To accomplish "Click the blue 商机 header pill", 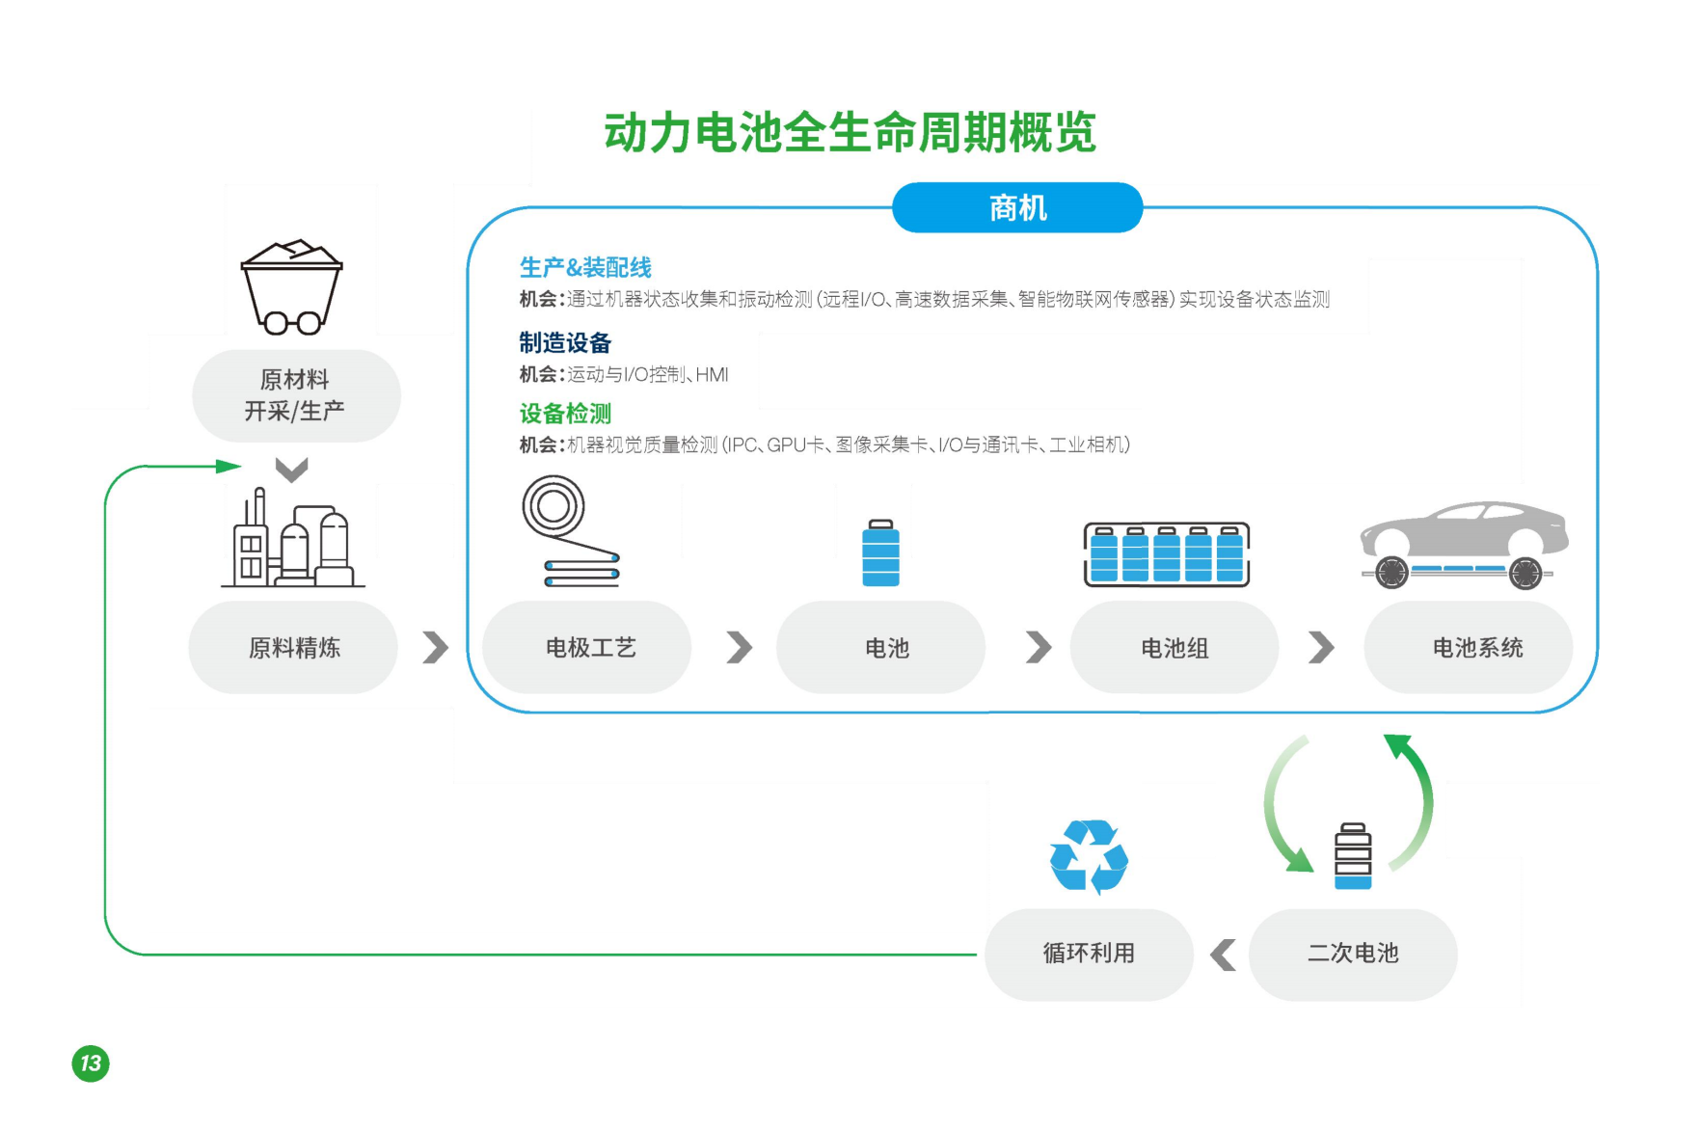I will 1017,207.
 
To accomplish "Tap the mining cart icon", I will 291,286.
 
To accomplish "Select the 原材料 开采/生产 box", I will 296,395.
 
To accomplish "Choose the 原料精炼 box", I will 293,647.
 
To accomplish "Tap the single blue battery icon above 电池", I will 880,553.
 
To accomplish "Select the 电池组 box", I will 1174,647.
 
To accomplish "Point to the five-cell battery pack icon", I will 1167,554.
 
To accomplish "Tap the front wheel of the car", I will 1391,572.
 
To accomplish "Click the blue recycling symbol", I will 1089,856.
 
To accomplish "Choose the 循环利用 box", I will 1089,954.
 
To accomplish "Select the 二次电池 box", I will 1353,954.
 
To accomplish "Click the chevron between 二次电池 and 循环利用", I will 1223,955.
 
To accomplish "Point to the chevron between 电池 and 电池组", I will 1038,647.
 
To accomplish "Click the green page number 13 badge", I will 91,1063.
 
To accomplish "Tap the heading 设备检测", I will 565,414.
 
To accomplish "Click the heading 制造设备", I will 565,342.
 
